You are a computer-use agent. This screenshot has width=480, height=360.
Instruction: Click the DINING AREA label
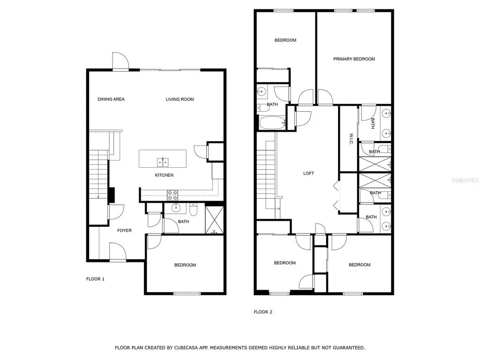pos(111,99)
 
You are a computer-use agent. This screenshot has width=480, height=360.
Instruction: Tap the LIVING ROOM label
pos(180,99)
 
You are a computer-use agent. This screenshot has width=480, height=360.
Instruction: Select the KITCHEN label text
pos(164,175)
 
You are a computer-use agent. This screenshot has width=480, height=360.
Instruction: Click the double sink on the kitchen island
pos(162,162)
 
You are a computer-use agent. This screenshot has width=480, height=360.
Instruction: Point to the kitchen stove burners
pos(172,193)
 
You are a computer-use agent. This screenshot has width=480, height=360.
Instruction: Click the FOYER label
pos(124,230)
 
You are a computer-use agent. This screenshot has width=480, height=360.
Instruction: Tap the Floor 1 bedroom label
pos(185,265)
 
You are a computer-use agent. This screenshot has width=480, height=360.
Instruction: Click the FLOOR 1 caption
pos(95,279)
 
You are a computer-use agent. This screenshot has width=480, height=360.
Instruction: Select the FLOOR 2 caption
pos(263,312)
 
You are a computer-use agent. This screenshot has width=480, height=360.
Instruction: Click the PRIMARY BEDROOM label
pos(354,59)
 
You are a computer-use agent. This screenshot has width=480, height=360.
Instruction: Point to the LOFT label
pos(308,173)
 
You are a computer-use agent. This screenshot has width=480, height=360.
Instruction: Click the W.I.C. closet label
pos(351,139)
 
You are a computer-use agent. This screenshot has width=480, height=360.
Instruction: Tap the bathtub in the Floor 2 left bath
pos(272,123)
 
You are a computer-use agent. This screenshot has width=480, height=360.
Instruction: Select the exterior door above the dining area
pos(120,61)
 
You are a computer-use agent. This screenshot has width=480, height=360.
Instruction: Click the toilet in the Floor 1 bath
pos(194,208)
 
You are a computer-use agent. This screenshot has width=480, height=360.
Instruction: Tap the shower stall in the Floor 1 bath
pos(214,219)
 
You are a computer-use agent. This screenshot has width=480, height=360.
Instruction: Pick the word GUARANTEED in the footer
pos(348,348)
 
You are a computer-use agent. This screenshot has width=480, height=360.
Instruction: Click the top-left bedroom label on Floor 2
pos(285,40)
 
